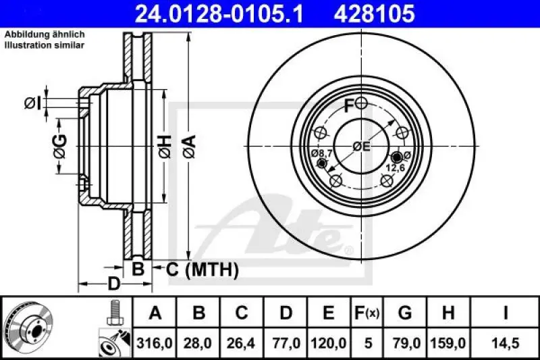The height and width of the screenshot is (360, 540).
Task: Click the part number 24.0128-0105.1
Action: point(211,12)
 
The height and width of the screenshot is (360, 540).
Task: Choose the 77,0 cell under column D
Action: point(286,344)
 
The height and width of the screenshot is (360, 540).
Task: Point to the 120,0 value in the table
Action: point(328,344)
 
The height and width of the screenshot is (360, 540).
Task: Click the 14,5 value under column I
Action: point(506,344)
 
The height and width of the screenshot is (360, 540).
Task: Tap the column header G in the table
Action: point(405,313)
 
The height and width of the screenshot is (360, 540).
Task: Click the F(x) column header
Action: point(367,313)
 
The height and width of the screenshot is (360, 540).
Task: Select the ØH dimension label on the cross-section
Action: point(165,146)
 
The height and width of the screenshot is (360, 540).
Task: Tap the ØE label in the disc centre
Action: point(361,145)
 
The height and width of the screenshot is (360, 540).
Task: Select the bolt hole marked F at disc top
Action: point(362,103)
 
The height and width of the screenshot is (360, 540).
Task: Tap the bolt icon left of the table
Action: point(114,311)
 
